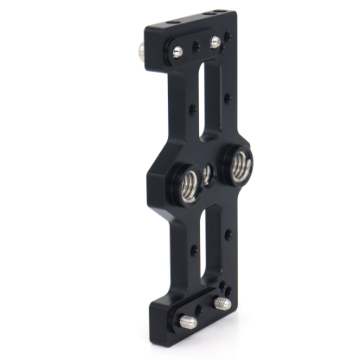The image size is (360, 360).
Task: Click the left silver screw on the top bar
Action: pyautogui.click(x=177, y=51)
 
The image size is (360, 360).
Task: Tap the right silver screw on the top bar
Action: pyautogui.click(x=215, y=42)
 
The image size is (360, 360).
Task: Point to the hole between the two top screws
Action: pyautogui.click(x=196, y=48)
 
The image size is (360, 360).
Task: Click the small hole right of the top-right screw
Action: pyautogui.click(x=228, y=36)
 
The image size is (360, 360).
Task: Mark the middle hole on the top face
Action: pyautogui.click(x=203, y=15)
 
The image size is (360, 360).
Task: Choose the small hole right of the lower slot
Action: pyautogui.click(x=228, y=234)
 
